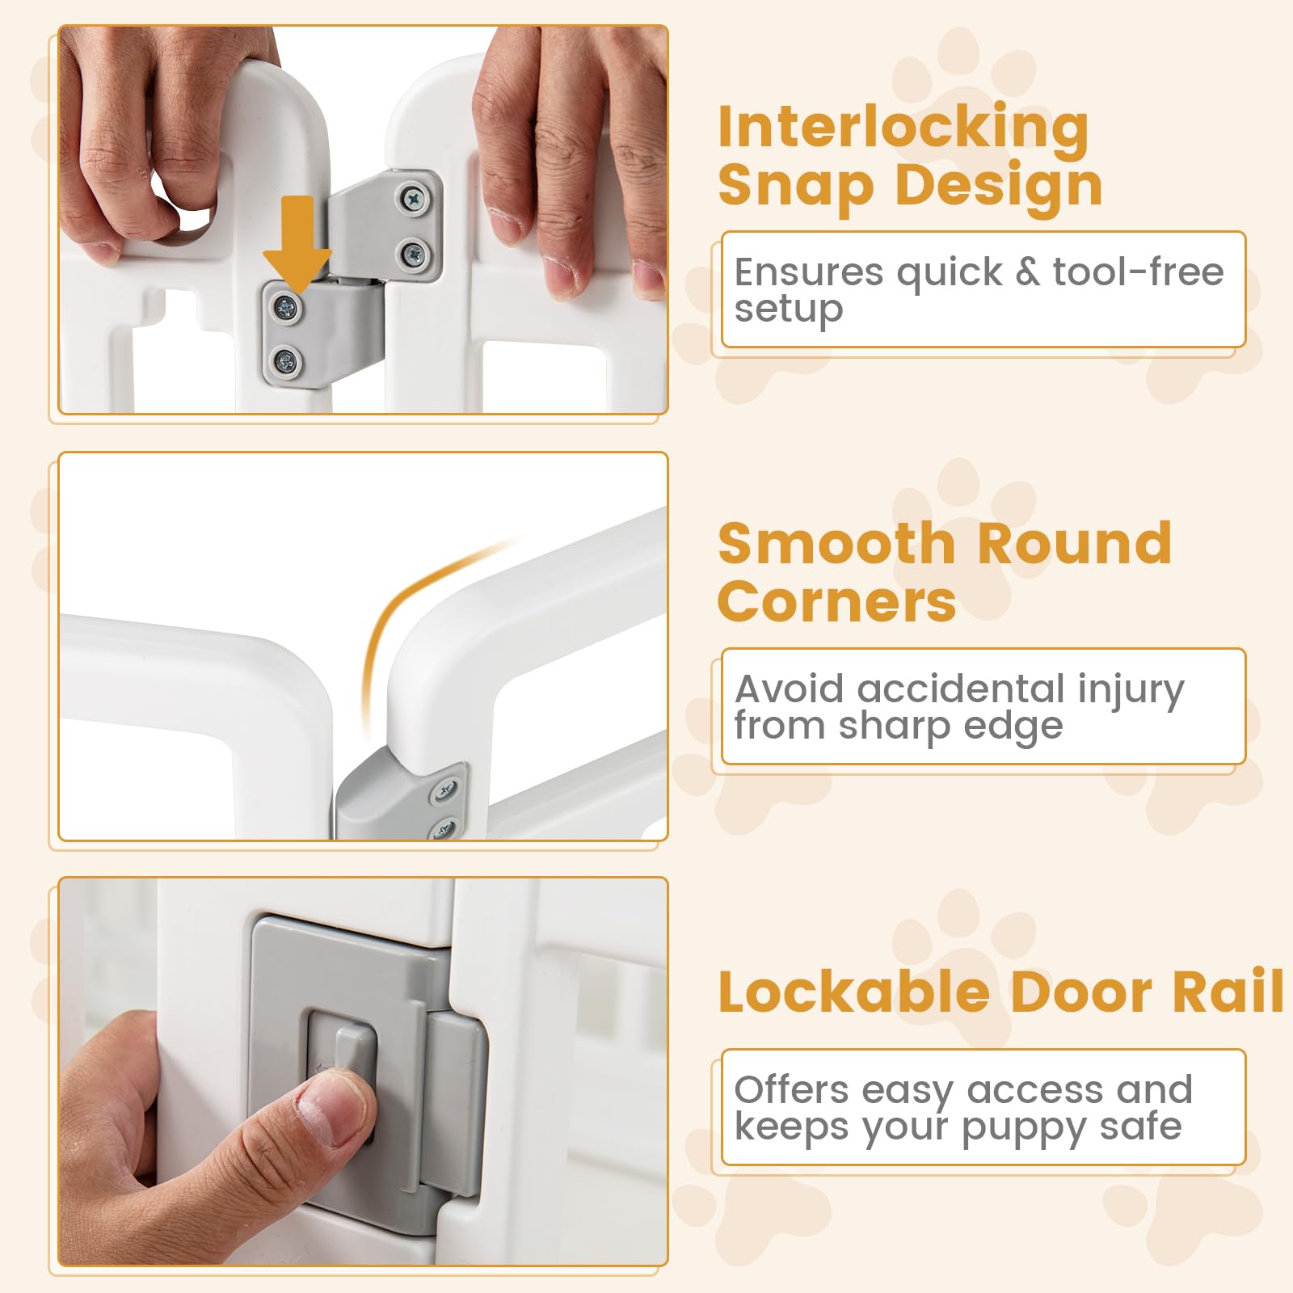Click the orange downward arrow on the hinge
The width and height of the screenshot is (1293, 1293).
coord(297,242)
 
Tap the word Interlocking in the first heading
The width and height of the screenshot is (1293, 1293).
coord(903,128)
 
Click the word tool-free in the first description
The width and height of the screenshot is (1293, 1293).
coord(1138,272)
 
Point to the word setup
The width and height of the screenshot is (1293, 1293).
coord(789,310)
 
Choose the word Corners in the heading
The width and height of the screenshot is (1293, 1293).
coord(836,602)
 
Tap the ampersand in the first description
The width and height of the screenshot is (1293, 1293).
coord(1027,272)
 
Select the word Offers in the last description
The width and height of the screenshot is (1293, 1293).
coord(792,1089)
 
